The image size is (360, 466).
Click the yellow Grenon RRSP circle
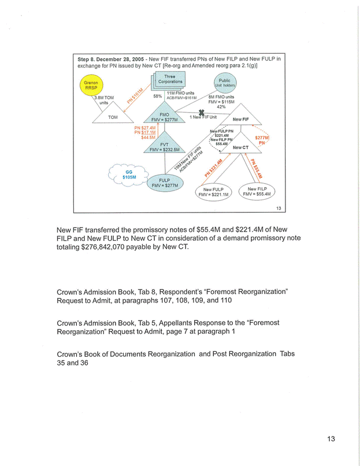(x=90, y=85)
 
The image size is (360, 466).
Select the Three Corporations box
(x=169, y=80)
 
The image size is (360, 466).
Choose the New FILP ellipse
(x=258, y=191)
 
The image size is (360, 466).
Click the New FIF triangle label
(x=240, y=120)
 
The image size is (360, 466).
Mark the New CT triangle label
(x=241, y=147)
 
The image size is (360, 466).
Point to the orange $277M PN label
(x=262, y=140)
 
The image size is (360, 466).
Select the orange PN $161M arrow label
(x=135, y=95)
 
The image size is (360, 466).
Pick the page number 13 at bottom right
(x=331, y=439)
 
